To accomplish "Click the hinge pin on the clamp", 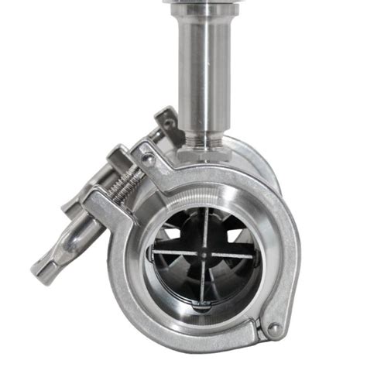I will tap(275, 329).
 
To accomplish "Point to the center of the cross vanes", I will tap(202, 252).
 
